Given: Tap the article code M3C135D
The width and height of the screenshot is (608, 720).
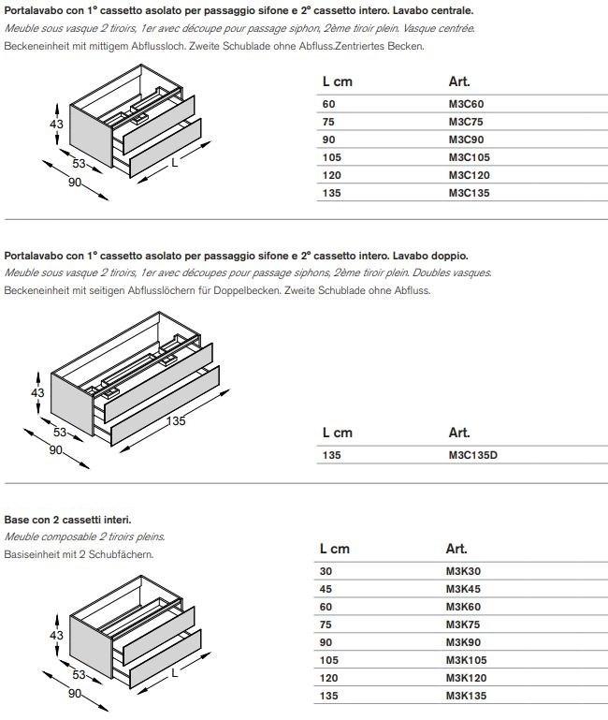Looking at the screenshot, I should [x=473, y=455].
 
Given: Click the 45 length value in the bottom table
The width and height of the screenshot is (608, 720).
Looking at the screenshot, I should [x=327, y=589].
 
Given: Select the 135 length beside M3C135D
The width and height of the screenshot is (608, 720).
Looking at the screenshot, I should [x=331, y=455].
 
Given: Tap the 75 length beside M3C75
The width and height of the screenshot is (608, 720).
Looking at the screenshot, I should [x=328, y=122].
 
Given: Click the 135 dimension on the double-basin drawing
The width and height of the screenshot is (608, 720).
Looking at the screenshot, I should [x=176, y=420].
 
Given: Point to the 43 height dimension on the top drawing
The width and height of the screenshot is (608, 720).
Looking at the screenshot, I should [x=55, y=125].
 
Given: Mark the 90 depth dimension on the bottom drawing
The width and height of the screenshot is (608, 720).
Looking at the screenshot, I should [x=74, y=693].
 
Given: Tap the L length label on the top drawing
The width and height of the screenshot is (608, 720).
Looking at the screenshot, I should [x=174, y=163].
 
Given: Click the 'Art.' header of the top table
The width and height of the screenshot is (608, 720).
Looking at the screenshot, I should [x=458, y=81].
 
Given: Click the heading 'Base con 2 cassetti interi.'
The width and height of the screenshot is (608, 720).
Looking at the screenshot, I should [x=67, y=519].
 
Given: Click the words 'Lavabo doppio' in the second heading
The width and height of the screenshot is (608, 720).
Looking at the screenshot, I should [x=430, y=255].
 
